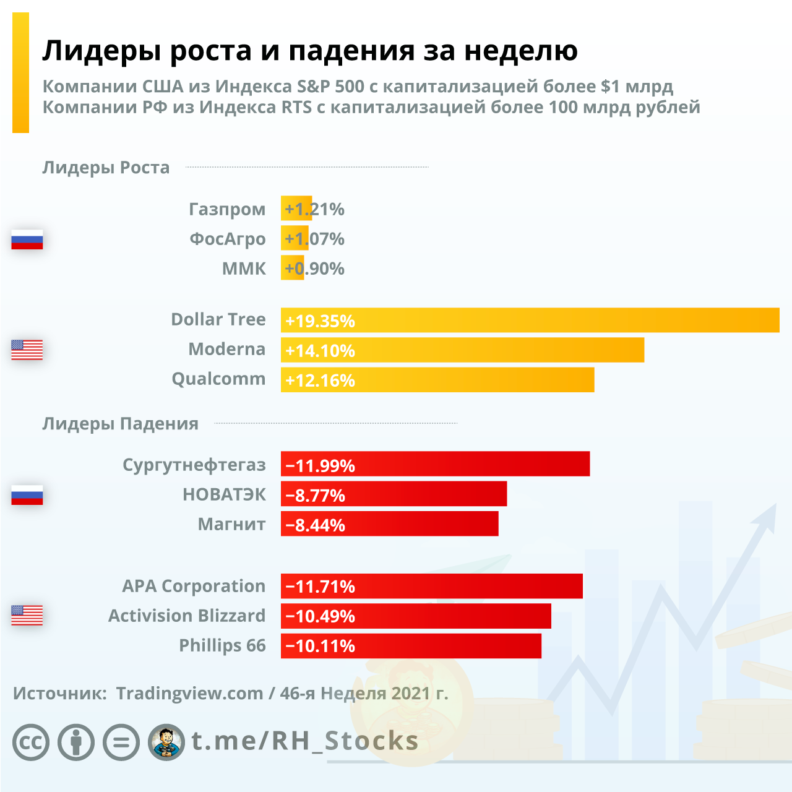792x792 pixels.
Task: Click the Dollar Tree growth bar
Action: click(x=530, y=321)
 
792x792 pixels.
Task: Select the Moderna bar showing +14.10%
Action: click(x=462, y=350)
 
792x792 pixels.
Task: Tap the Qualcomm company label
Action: click(x=218, y=379)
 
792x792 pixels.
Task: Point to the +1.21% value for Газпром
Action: click(x=314, y=209)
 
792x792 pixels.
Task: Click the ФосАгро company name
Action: click(x=228, y=239)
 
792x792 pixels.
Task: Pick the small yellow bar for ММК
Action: click(x=292, y=268)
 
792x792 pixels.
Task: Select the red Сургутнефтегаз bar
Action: click(x=435, y=464)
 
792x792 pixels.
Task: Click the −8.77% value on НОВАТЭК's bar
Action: click(x=316, y=495)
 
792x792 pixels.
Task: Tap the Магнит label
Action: click(x=231, y=524)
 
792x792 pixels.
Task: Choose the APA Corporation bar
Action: click(x=431, y=586)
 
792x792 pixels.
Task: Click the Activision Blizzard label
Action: click(x=187, y=616)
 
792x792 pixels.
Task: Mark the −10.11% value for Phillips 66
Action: click(x=321, y=646)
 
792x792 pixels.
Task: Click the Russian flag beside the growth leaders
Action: click(x=27, y=239)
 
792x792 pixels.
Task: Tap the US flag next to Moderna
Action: click(x=27, y=350)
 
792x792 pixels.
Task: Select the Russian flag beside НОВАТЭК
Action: click(x=27, y=495)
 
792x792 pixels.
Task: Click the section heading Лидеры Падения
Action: click(x=121, y=424)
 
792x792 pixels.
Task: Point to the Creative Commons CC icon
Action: click(x=31, y=742)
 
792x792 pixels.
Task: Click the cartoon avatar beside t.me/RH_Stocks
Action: click(x=166, y=742)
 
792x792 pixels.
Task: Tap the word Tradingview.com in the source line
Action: click(x=189, y=693)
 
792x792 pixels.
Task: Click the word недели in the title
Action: click(x=521, y=51)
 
